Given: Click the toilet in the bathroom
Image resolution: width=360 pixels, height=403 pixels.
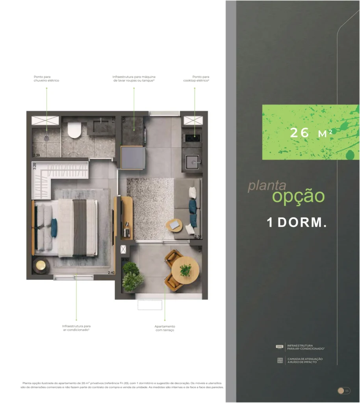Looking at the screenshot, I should (74, 130).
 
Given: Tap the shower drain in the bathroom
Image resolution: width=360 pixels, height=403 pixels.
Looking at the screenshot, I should (47, 138).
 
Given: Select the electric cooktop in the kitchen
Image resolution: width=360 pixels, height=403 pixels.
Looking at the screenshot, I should (192, 138).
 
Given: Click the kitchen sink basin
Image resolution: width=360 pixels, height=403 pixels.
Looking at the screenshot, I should (193, 161).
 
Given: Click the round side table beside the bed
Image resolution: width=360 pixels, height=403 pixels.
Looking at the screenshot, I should (41, 266).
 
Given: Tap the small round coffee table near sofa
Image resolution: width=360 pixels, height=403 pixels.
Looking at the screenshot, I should (174, 226).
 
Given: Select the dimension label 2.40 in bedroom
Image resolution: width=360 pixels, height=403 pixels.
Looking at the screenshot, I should (111, 272).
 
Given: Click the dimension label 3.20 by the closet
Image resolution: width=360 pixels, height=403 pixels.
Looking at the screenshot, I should (35, 166).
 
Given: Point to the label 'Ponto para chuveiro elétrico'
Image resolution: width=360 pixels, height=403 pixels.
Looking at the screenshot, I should (46, 79).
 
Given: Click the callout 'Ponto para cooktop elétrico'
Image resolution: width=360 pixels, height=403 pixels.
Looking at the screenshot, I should (196, 79).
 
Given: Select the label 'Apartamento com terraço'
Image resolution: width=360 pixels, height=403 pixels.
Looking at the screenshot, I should (165, 328).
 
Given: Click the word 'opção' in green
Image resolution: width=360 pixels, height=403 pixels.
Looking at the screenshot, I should (298, 196).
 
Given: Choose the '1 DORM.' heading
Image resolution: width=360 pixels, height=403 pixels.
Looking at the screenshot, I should (297, 222).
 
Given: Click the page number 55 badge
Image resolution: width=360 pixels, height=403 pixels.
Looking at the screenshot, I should (344, 390).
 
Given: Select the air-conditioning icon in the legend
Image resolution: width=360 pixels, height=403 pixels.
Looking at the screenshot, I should (280, 347).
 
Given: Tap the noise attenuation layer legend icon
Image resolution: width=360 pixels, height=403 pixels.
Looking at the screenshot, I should (280, 360).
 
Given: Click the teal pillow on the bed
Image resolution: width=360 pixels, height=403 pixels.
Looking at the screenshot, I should (54, 227).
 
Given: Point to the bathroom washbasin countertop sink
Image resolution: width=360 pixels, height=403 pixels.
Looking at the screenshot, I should (101, 127).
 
